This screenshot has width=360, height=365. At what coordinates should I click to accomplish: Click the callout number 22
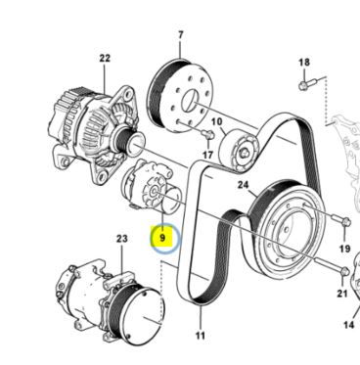(105, 59)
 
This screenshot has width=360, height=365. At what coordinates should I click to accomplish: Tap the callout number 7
(181, 34)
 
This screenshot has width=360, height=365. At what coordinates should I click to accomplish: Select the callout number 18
(304, 62)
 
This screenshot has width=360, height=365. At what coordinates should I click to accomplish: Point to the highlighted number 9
(162, 238)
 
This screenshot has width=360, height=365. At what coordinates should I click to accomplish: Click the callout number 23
(122, 239)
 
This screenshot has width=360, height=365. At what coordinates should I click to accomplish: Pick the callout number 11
(200, 335)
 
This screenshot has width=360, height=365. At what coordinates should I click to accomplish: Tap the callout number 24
(244, 185)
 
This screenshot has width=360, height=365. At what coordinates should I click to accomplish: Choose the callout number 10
(216, 122)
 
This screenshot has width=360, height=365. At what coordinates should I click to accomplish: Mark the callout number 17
(207, 155)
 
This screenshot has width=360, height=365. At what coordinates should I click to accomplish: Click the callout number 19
(345, 249)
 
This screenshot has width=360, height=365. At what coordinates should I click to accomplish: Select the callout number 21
(342, 294)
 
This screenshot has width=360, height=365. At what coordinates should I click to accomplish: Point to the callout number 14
(349, 325)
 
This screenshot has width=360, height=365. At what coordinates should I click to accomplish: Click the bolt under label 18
(307, 83)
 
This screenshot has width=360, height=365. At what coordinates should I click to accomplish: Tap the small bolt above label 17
(207, 134)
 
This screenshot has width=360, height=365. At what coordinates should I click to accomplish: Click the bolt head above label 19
(346, 222)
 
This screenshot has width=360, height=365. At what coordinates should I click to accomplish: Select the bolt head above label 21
(344, 271)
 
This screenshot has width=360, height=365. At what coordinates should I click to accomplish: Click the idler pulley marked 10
(239, 151)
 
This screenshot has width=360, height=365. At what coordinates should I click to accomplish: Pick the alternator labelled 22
(95, 130)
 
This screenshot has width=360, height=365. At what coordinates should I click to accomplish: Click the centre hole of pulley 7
(190, 101)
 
